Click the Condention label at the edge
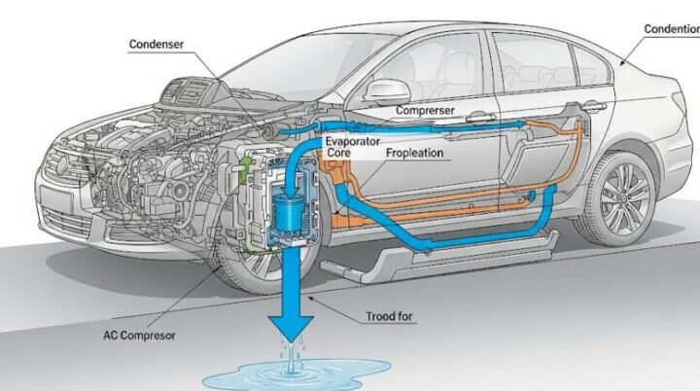[x=672, y=29]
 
